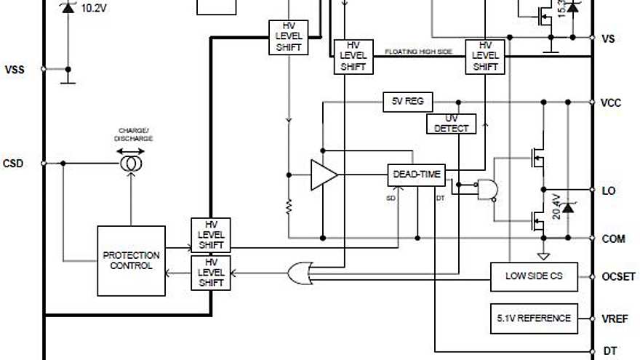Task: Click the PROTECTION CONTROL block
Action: pyautogui.click(x=131, y=260)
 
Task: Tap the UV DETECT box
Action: pyautogui.click(x=451, y=124)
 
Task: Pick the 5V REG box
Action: pyautogui.click(x=404, y=101)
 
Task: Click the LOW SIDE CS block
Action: pyautogui.click(x=535, y=276)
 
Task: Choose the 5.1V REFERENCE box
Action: pyautogui.click(x=535, y=318)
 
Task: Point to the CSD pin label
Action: pyautogui.click(x=13, y=163)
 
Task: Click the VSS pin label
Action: pyautogui.click(x=15, y=70)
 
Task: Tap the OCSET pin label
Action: pyautogui.click(x=619, y=277)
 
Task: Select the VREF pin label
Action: pyautogui.click(x=615, y=319)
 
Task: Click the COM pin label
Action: pyautogui.click(x=613, y=239)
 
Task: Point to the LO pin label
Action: pyautogui.click(x=609, y=191)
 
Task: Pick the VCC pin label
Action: pyautogui.click(x=611, y=103)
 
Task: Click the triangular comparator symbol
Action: pyautogui.click(x=323, y=175)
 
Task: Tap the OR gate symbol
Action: pyautogui.click(x=298, y=273)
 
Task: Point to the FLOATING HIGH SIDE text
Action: pyautogui.click(x=418, y=52)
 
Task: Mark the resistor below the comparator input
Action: pyautogui.click(x=289, y=207)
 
